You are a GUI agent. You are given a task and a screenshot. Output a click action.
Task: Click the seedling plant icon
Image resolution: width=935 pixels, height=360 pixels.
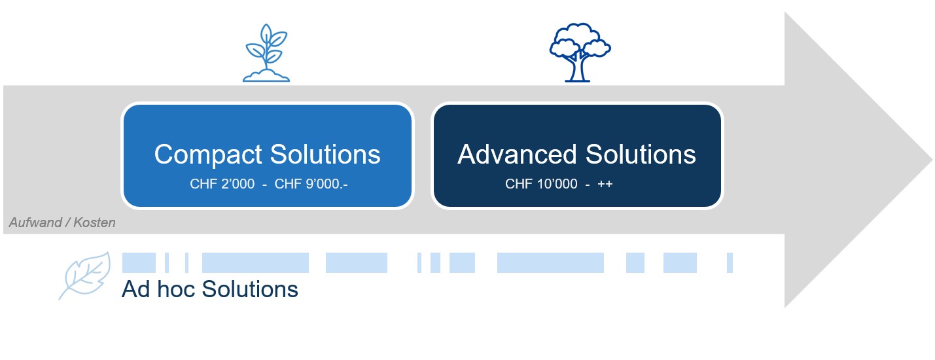pyautogui.click(x=266, y=52)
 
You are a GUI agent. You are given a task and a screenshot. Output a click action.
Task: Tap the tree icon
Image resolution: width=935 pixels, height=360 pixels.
pyautogui.click(x=579, y=52)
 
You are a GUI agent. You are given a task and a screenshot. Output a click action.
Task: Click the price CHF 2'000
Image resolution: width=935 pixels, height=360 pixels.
pyautogui.click(x=222, y=185)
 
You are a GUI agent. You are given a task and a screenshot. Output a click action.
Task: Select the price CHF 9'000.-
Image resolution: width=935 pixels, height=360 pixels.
pyautogui.click(x=311, y=185)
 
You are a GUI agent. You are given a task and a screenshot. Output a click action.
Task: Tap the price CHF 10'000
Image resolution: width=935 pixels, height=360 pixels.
pyautogui.click(x=541, y=185)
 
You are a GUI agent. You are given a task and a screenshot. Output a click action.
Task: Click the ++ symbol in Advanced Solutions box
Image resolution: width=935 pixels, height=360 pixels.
pyautogui.click(x=605, y=185)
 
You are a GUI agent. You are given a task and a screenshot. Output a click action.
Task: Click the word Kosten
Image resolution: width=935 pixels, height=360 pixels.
pyautogui.click(x=94, y=223)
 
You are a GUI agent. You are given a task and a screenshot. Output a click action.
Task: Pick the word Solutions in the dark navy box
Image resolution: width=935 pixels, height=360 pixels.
pyautogui.click(x=641, y=154)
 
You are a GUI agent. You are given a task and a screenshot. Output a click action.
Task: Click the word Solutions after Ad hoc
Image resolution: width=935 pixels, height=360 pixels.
pyautogui.click(x=250, y=289)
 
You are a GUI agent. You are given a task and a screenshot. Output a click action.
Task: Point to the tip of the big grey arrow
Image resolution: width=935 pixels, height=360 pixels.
pyautogui.click(x=929, y=159)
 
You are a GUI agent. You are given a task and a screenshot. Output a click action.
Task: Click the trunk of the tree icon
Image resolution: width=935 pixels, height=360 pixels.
pyautogui.click(x=578, y=69)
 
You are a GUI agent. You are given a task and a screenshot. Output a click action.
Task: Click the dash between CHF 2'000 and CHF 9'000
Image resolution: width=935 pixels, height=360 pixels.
pyautogui.click(x=264, y=185)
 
